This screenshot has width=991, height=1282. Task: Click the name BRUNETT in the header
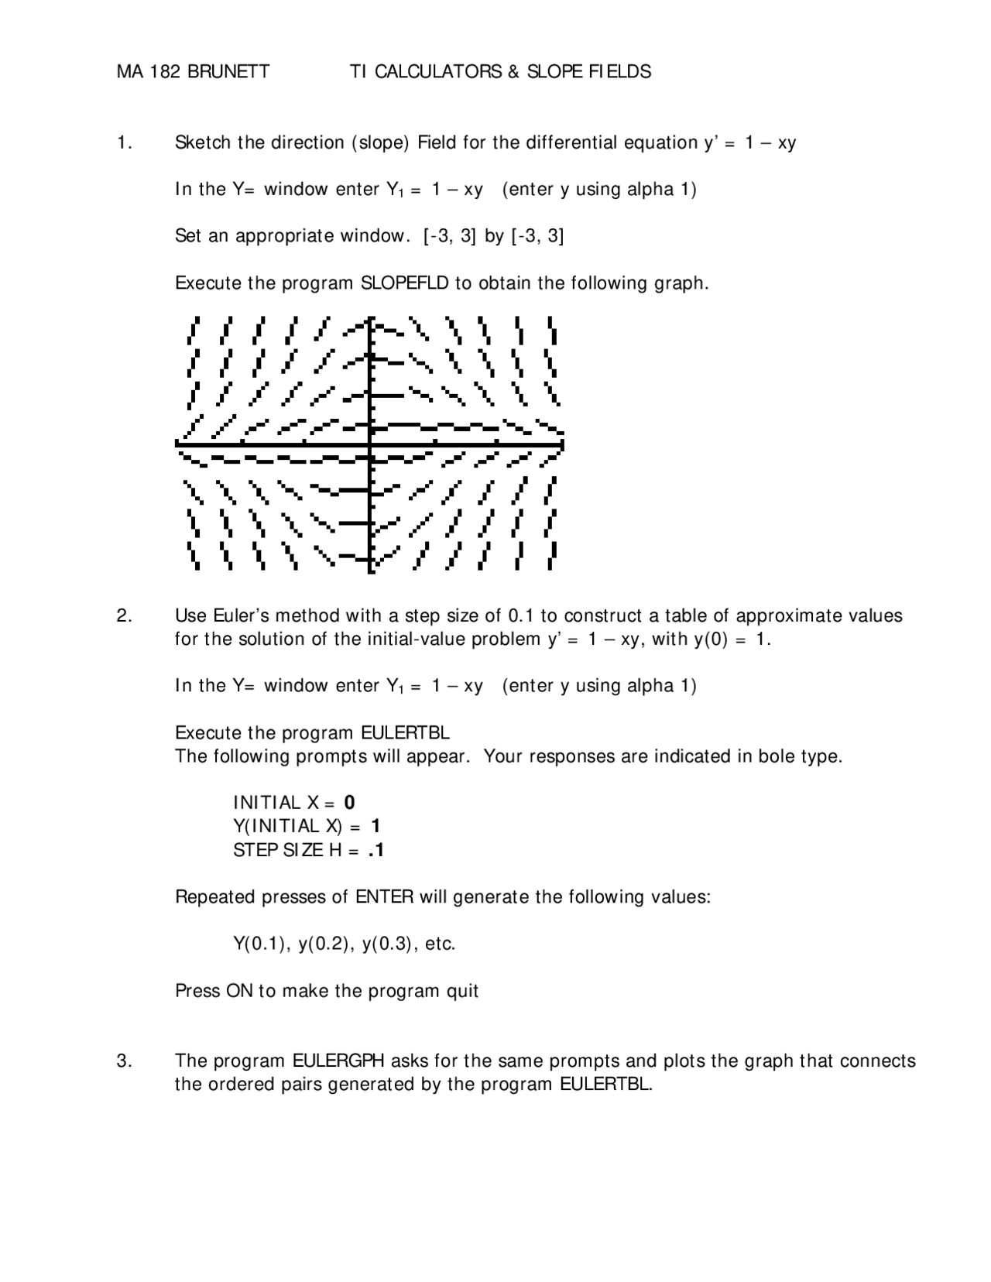point(228,72)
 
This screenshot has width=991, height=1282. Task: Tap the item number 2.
point(124,615)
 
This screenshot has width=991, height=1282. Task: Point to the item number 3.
point(124,1061)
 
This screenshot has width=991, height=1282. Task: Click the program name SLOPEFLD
point(405,283)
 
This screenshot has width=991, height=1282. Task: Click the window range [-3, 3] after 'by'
point(537,236)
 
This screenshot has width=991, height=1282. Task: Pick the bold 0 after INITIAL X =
point(350,803)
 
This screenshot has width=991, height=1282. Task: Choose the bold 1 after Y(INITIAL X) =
point(375,826)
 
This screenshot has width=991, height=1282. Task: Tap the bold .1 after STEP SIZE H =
point(376,850)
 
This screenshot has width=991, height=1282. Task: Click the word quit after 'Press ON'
point(461,991)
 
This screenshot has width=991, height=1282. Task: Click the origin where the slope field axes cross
point(371,444)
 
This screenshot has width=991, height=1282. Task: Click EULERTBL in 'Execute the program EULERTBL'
point(405,732)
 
